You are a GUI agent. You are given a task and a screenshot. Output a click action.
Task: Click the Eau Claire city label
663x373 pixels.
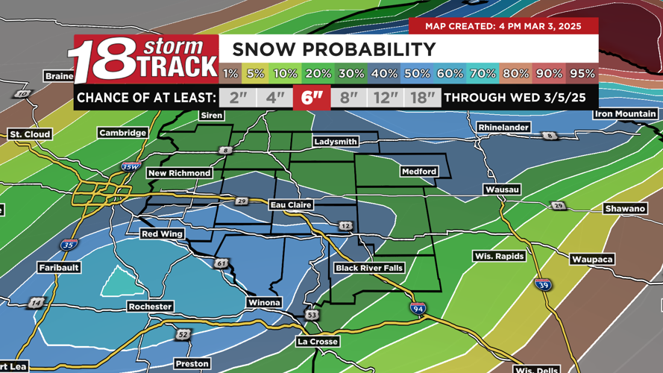click(x=292, y=204)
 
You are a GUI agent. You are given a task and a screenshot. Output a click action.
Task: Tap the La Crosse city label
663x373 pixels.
click(x=318, y=342)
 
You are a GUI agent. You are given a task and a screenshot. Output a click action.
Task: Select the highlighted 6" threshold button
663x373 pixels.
click(x=312, y=98)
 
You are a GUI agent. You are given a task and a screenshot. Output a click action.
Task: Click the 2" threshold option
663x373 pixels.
click(x=238, y=98)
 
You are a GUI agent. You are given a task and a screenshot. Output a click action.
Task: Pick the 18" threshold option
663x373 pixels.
click(x=423, y=98)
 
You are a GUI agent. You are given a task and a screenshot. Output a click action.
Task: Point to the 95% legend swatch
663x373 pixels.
click(x=582, y=74)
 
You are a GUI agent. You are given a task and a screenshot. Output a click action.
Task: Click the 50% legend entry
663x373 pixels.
click(x=417, y=74)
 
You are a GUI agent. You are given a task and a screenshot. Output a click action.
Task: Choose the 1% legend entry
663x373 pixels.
click(x=230, y=74)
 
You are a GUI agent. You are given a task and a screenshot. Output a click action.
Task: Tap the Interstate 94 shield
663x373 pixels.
click(x=418, y=309)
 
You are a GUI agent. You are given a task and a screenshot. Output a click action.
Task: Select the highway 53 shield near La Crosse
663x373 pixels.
click(x=311, y=316)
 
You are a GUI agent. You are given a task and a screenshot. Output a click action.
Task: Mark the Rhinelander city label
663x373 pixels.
click(x=503, y=128)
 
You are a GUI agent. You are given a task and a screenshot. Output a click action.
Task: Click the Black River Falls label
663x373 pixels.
click(x=369, y=268)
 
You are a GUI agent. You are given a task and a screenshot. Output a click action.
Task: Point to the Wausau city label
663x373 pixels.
click(x=502, y=190)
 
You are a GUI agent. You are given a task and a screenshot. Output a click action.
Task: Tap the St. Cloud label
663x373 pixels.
click(x=30, y=134)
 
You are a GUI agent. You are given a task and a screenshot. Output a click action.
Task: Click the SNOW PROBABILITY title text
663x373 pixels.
click(x=334, y=50)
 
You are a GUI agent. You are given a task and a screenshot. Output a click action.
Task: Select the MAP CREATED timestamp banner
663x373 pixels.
click(x=503, y=26)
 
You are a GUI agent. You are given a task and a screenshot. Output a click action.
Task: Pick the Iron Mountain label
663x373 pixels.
click(x=625, y=114)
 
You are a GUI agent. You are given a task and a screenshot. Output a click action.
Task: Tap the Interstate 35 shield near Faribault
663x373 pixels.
click(x=68, y=245)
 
